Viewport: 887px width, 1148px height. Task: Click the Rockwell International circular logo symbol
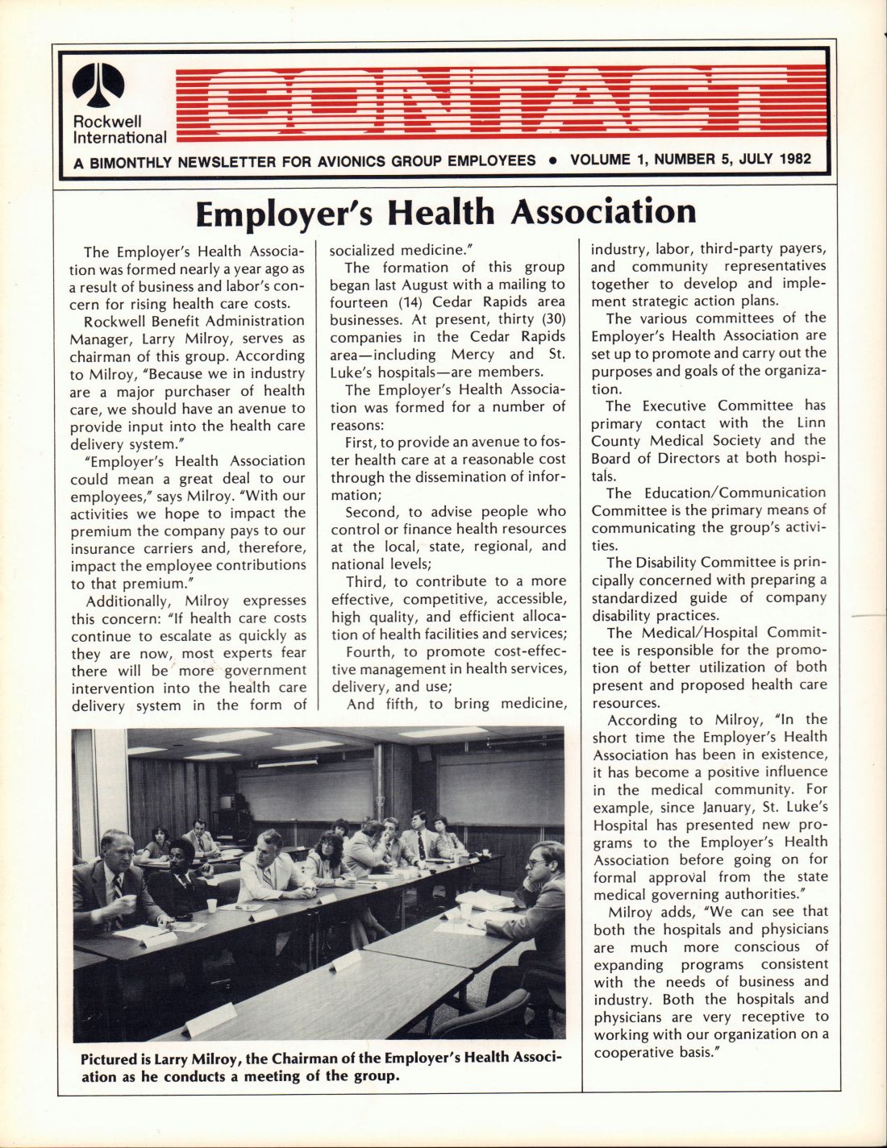99,85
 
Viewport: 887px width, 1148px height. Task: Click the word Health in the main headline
440,213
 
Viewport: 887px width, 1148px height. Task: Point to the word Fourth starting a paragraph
368,651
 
